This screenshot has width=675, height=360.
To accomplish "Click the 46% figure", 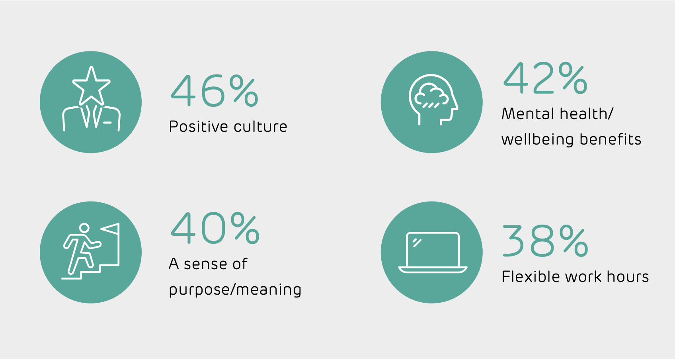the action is point(215,90).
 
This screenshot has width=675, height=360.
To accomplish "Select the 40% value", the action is point(215,228).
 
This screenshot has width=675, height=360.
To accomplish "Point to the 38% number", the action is point(545,241).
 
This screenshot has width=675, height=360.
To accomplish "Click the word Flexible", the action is point(531,277).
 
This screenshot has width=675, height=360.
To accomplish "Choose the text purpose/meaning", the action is point(235,290).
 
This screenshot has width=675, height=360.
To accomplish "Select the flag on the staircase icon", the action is point(110,229).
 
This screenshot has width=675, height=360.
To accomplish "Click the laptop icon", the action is point(433,252).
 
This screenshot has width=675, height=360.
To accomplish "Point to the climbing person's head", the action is point(84,228).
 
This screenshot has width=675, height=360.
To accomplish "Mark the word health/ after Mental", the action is point(586,114).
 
